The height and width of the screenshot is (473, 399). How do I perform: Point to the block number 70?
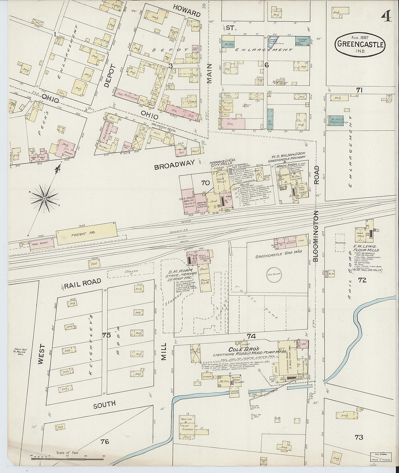pyautogui.click(x=205, y=183)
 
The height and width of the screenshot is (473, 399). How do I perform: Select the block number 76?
pyautogui.click(x=104, y=441)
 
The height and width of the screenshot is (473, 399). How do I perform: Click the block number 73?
pyautogui.click(x=358, y=437)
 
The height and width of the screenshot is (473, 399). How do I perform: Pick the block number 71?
pyautogui.click(x=359, y=90)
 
